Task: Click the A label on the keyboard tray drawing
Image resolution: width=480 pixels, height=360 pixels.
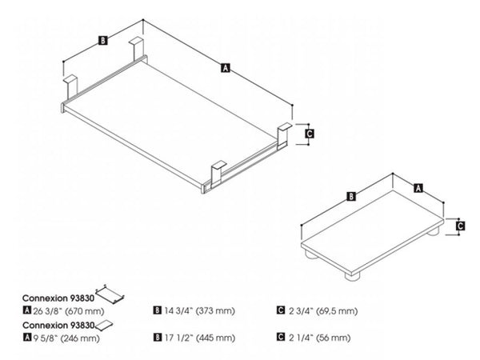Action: pyautogui.click(x=225, y=68)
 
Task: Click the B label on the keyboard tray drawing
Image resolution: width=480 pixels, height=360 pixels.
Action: pyautogui.click(x=103, y=41)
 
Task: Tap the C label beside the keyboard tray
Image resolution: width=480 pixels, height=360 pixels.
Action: pyautogui.click(x=310, y=134)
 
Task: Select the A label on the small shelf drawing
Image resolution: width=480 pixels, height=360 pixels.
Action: pyautogui.click(x=418, y=188)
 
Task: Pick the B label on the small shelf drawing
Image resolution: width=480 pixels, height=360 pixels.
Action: pyautogui.click(x=351, y=196)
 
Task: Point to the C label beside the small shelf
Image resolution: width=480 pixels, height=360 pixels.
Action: pyautogui.click(x=460, y=226)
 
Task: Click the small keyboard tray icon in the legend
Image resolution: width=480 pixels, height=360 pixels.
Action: pyautogui.click(x=110, y=294)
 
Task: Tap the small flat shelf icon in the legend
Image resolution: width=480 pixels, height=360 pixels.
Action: pyautogui.click(x=104, y=325)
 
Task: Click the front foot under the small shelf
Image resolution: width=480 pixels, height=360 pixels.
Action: pyautogui.click(x=352, y=276)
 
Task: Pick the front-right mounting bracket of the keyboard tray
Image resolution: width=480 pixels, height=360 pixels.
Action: pyautogui.click(x=218, y=173)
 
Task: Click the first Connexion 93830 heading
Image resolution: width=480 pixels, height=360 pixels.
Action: pyautogui.click(x=58, y=298)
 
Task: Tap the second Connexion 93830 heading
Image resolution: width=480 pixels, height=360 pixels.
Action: pyautogui.click(x=58, y=325)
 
